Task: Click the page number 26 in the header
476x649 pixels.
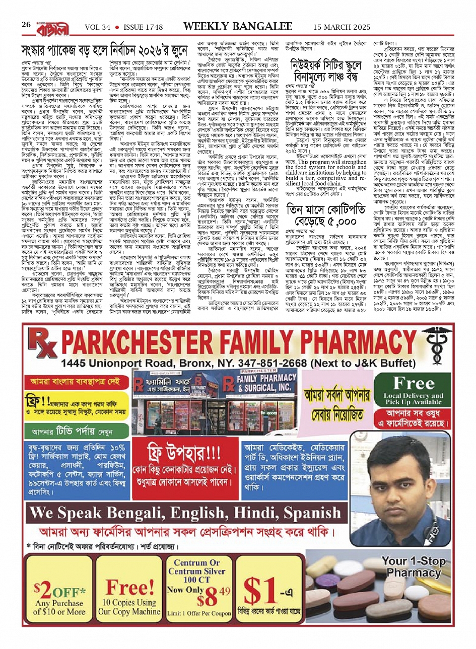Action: tap(26, 25)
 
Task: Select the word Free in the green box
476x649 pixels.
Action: tap(414, 384)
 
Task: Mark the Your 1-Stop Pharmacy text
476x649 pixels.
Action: tap(414, 567)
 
